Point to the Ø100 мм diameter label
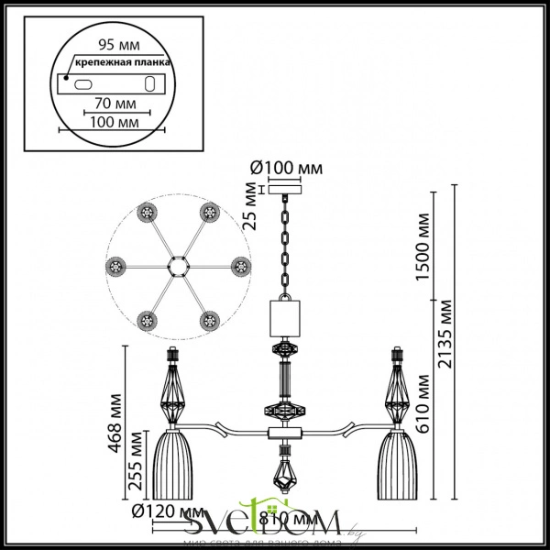pos(287,168)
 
